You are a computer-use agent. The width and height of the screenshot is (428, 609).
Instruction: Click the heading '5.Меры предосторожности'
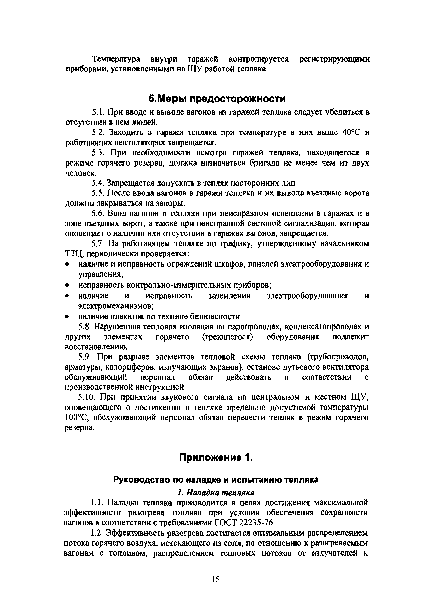click(x=217, y=99)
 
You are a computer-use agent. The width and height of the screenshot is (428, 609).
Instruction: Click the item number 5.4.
click(x=97, y=183)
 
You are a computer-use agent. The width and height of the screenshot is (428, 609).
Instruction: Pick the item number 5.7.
click(x=97, y=243)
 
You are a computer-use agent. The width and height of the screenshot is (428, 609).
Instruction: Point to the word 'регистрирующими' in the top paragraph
click(x=334, y=59)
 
